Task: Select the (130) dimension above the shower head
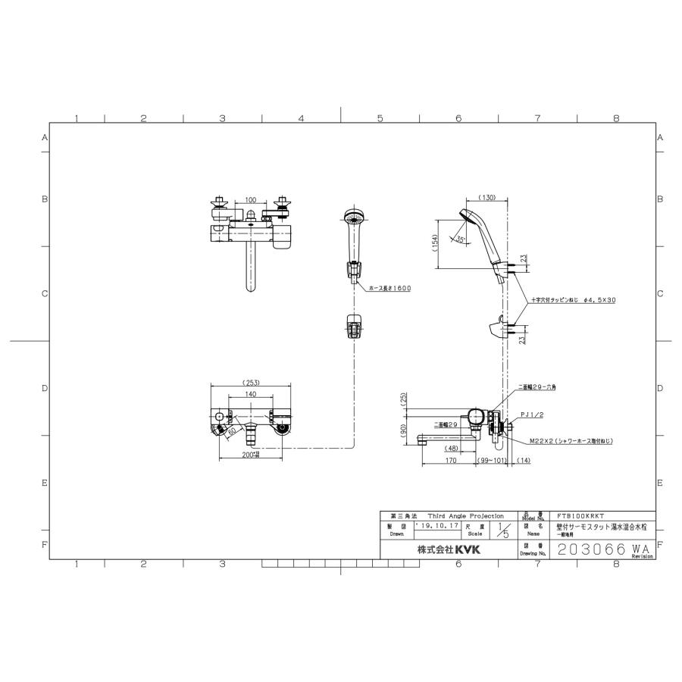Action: [x=487, y=198]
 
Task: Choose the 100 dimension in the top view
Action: [x=250, y=199]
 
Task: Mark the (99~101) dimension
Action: [x=493, y=459]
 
